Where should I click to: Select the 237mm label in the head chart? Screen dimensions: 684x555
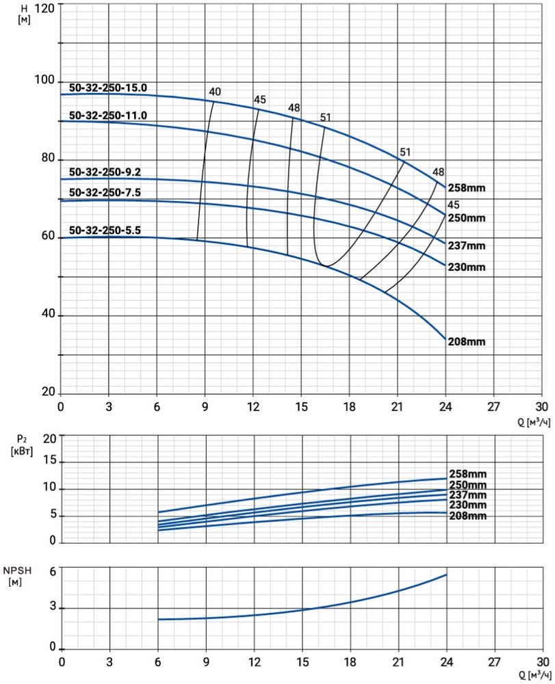point(467,246)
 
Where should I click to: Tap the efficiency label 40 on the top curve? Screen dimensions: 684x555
point(215,92)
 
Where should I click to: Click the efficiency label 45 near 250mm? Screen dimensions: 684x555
point(453,205)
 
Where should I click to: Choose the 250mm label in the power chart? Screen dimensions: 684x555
point(467,484)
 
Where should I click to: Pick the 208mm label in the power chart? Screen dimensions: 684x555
point(467,516)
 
